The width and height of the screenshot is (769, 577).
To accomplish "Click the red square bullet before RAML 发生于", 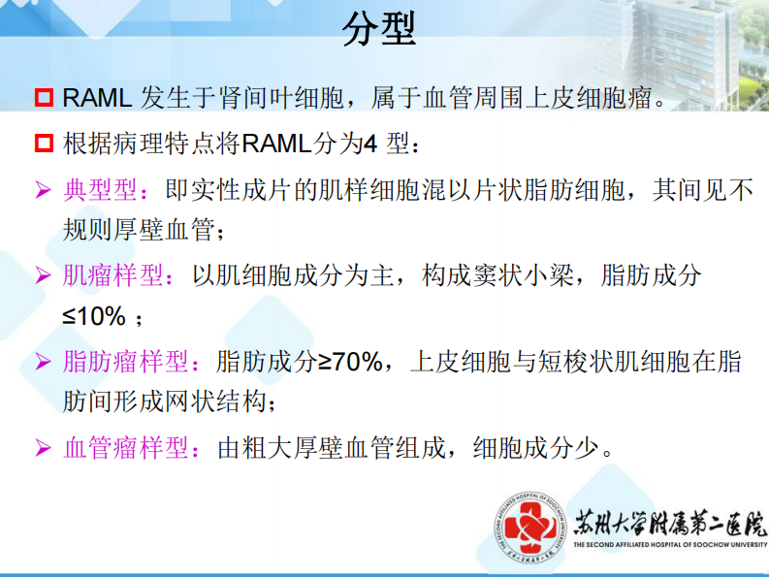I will click(x=44, y=98).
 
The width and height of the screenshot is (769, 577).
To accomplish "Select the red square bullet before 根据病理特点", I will click(x=44, y=144).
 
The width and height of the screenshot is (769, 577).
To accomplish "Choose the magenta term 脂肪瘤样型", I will click(x=126, y=362).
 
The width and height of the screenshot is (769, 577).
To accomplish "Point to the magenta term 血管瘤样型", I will click(x=126, y=448).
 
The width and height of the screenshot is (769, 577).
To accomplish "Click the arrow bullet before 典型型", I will click(x=43, y=190).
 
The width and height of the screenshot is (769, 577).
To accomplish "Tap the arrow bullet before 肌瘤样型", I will click(x=43, y=276).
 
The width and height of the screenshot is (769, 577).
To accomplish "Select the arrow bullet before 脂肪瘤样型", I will click(x=43, y=363).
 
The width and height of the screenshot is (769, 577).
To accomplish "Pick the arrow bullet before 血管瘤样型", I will click(x=43, y=449).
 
